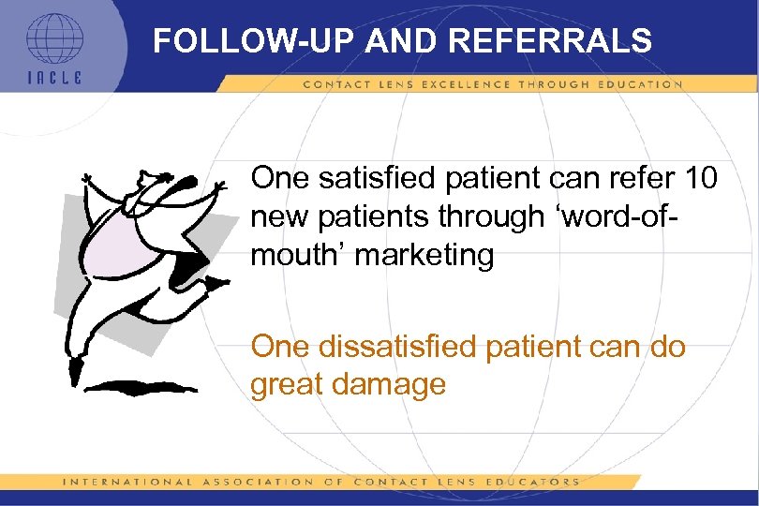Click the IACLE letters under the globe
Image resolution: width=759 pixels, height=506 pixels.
pyautogui.click(x=53, y=78)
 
